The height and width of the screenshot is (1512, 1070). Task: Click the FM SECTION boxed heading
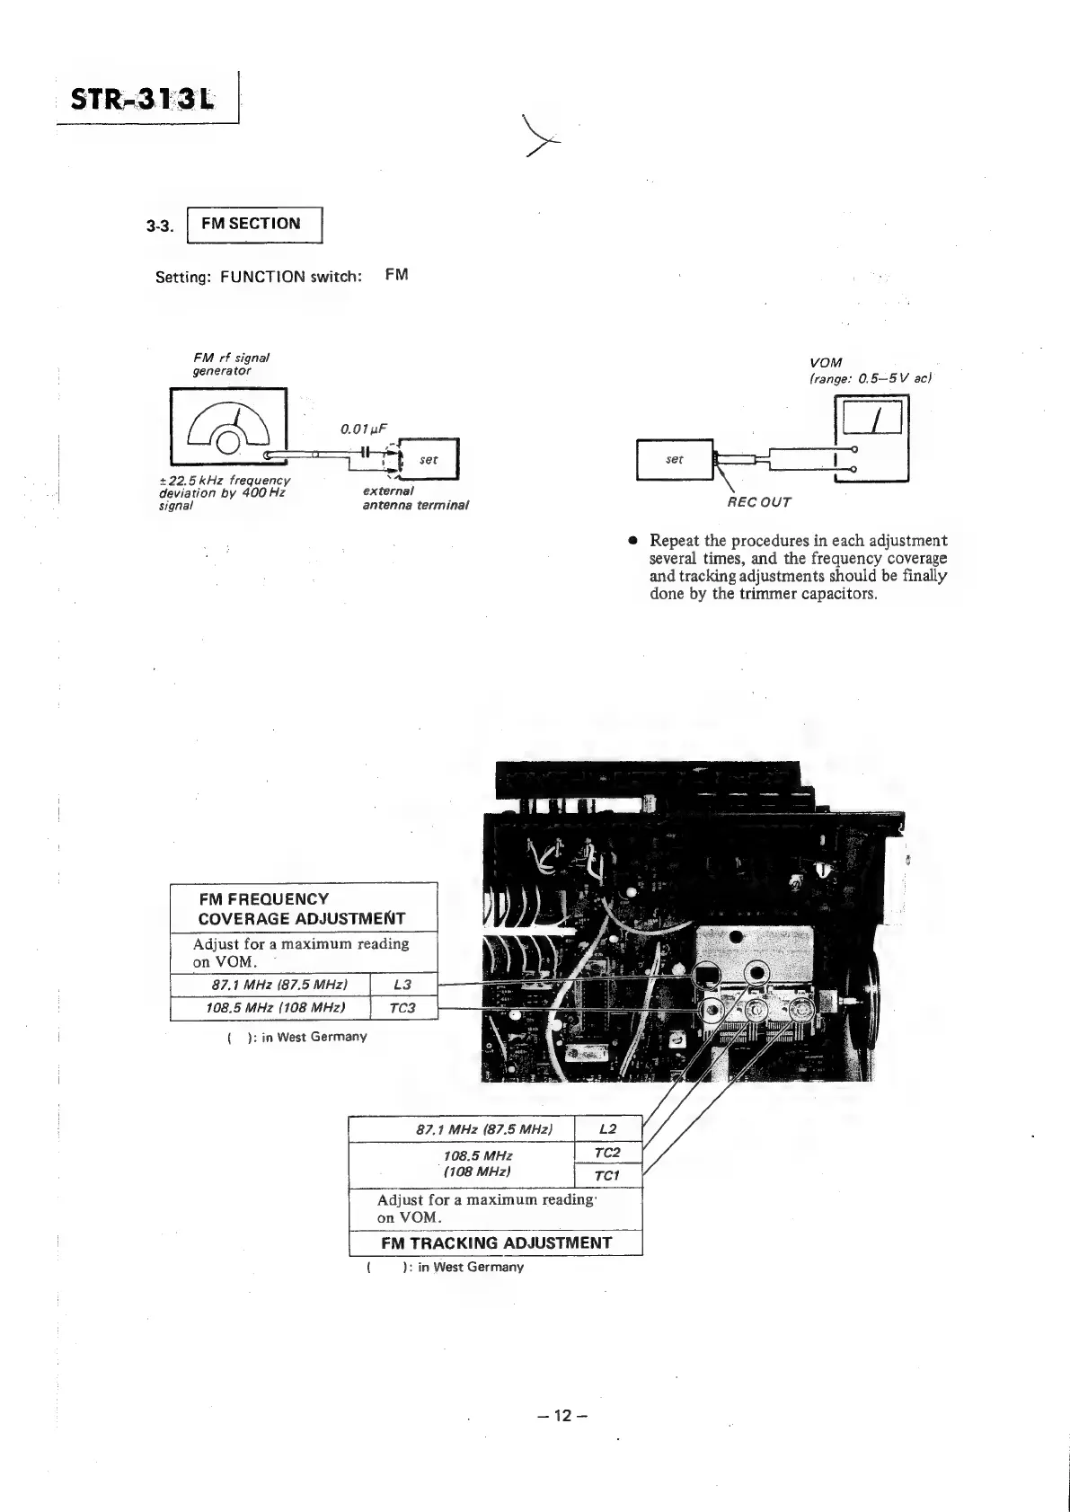252,224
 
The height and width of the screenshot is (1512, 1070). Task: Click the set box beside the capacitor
429,459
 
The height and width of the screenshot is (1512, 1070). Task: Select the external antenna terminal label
415,499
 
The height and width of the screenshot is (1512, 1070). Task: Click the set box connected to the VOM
675,459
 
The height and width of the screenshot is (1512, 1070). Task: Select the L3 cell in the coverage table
403,985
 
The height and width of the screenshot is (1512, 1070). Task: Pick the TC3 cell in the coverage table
403,1008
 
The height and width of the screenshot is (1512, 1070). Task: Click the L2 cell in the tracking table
607,1129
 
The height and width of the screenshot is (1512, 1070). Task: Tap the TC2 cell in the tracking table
607,1153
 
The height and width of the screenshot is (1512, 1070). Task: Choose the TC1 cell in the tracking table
607,1176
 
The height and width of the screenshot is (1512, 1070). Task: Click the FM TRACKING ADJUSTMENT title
496,1243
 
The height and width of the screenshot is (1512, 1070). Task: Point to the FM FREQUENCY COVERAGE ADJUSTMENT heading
302,908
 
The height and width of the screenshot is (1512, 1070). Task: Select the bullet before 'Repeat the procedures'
633,541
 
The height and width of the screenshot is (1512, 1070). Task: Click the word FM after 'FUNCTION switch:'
396,275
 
